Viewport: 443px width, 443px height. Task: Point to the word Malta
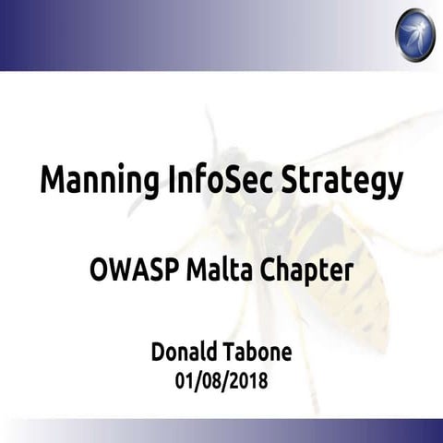click(215, 272)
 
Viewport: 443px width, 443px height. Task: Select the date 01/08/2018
click(221, 378)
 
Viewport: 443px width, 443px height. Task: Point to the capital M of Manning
click(53, 178)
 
